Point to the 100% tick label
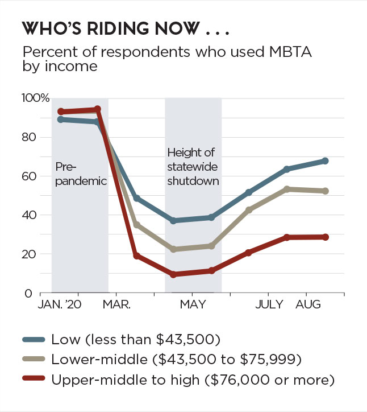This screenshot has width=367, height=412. [x=35, y=98]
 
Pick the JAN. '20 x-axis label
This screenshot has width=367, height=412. [x=60, y=305]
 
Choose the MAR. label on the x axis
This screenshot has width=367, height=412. [x=116, y=305]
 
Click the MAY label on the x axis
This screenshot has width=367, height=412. [x=193, y=305]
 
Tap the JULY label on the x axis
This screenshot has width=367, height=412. [x=269, y=305]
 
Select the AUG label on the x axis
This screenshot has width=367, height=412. [x=308, y=305]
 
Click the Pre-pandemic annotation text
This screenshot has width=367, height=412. [x=81, y=174]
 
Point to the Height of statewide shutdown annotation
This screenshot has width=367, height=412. [x=193, y=166]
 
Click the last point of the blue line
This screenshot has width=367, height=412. [x=325, y=161]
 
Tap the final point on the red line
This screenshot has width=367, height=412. [x=325, y=237]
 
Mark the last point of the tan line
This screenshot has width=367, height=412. [x=325, y=191]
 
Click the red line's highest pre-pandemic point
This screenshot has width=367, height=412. [x=97, y=109]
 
